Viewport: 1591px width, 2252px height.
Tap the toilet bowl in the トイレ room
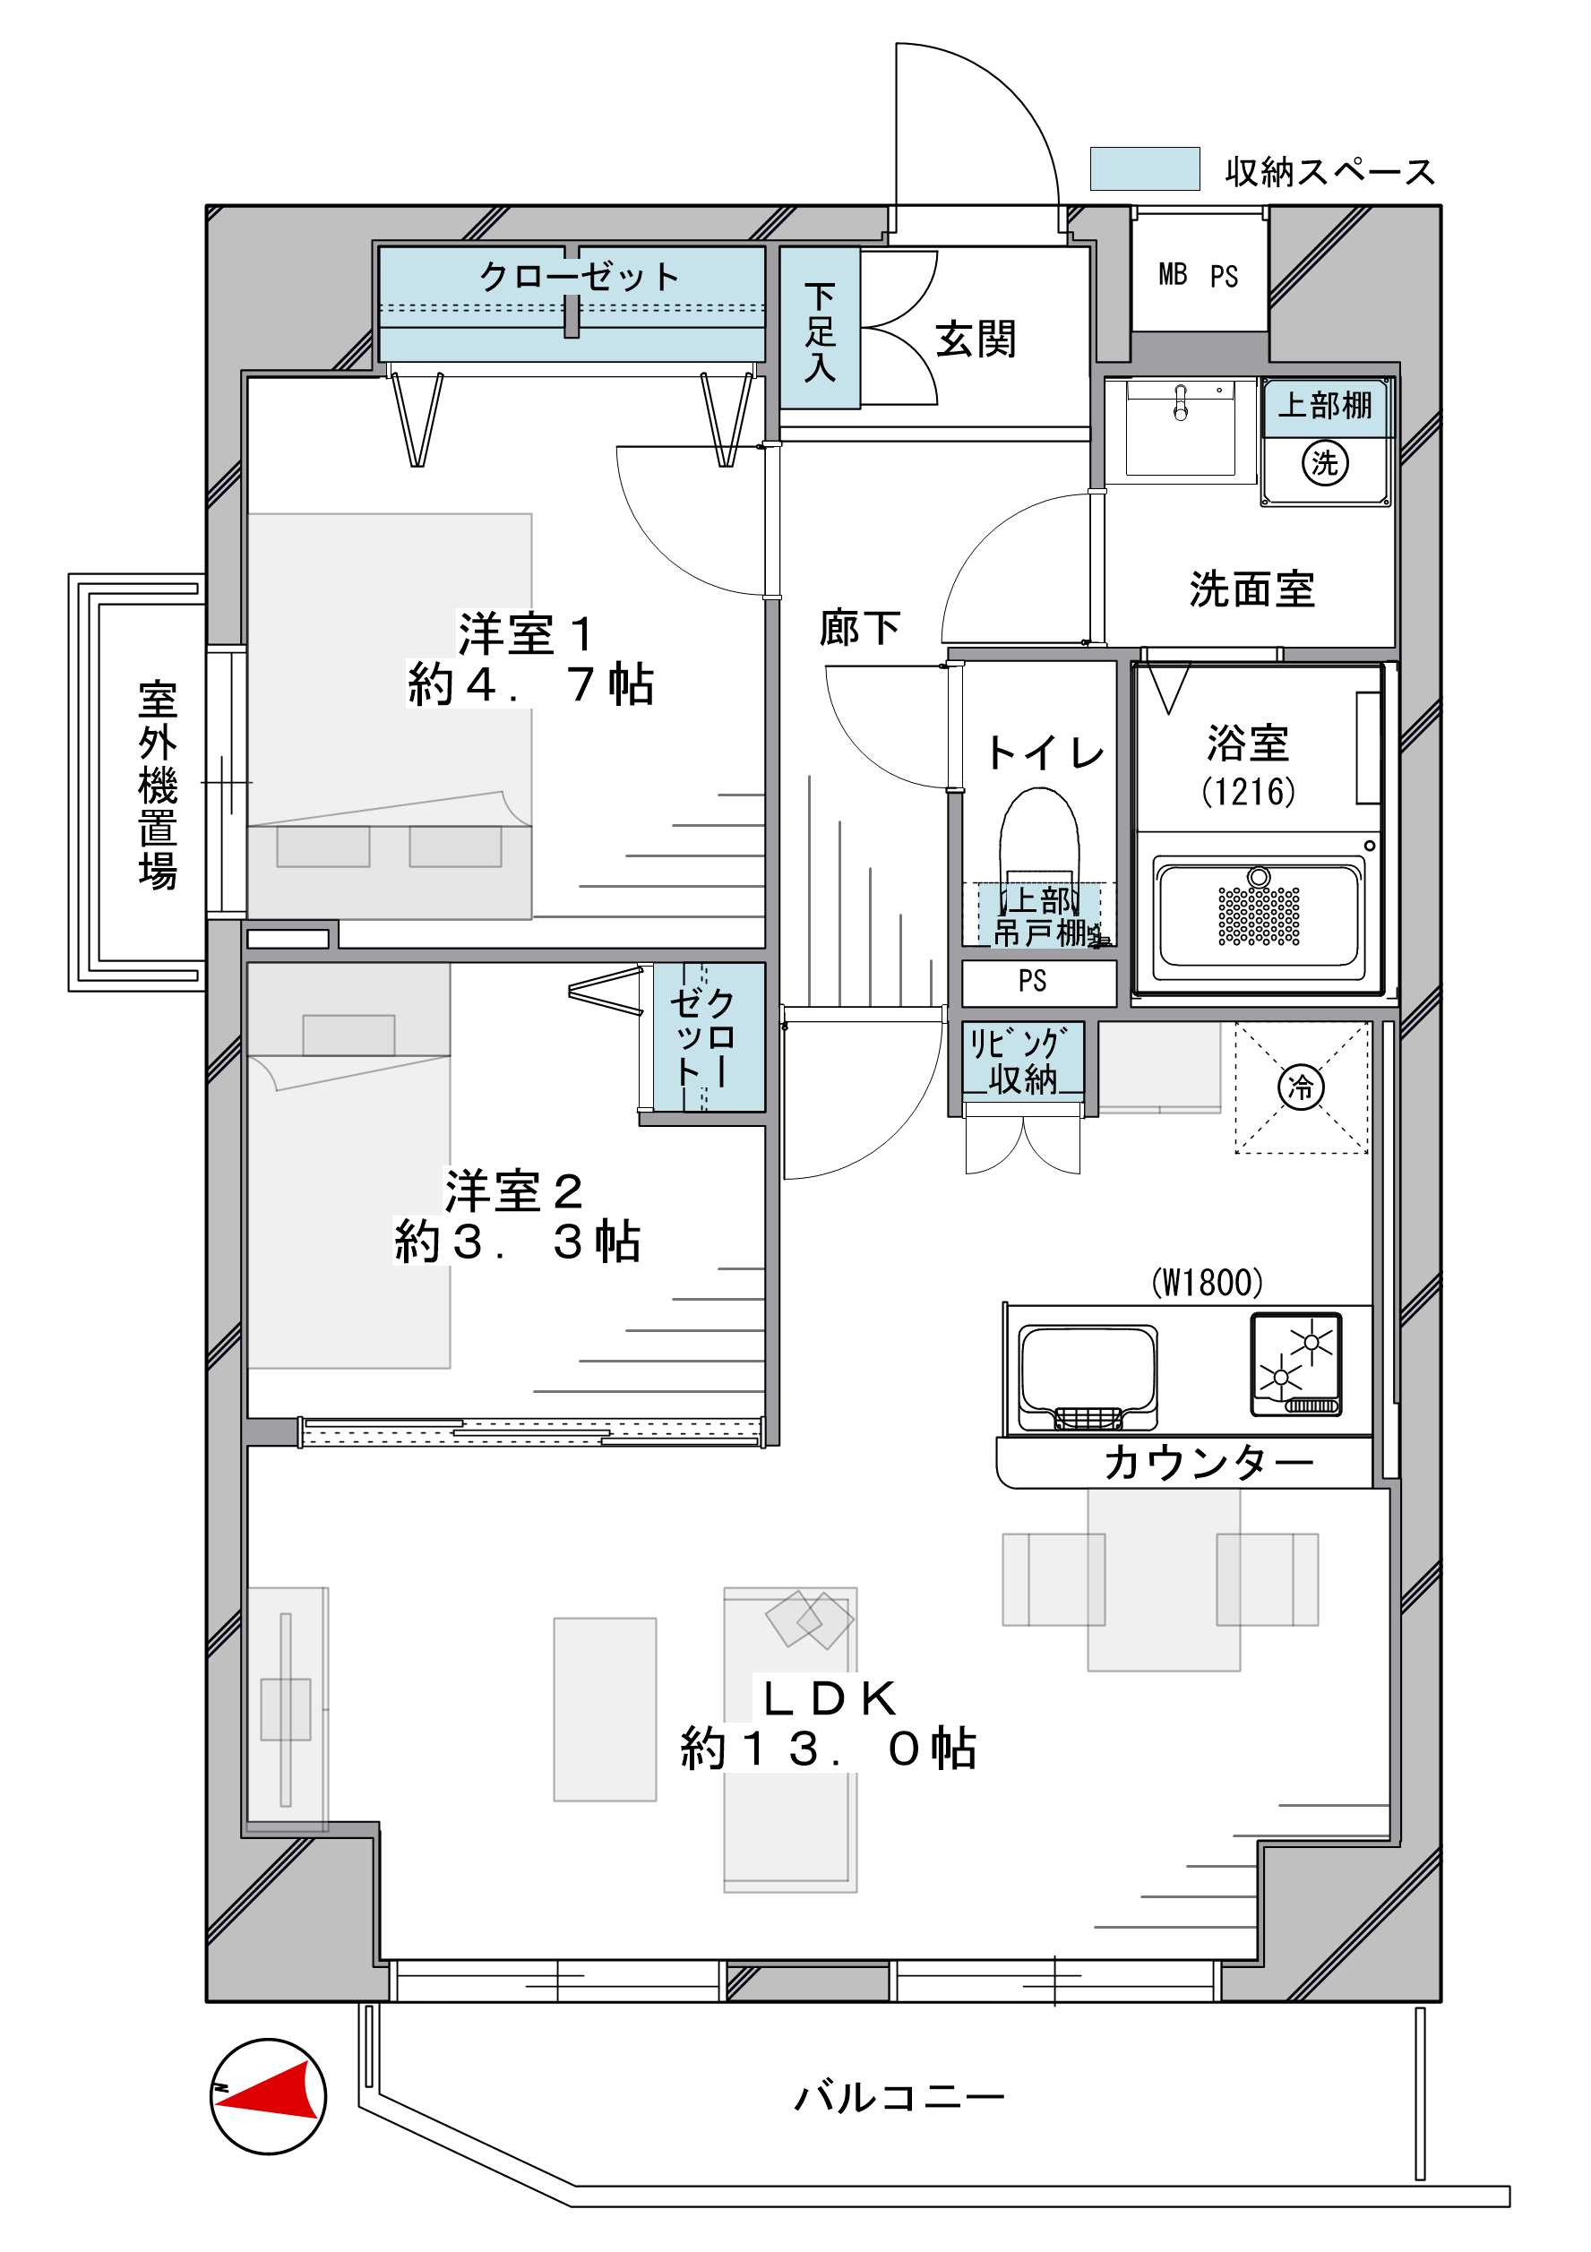1039,838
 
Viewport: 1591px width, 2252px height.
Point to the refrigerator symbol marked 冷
1301,1087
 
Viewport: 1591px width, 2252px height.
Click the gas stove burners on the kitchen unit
1295,1364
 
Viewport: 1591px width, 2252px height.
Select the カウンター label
1208,1464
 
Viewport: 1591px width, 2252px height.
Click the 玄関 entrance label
975,340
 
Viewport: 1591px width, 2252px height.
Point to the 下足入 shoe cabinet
820,328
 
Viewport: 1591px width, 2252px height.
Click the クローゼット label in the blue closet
579,277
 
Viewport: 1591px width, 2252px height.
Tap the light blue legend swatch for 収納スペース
1145,168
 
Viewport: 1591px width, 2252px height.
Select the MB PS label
1198,276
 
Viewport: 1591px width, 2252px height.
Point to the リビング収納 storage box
1023,1061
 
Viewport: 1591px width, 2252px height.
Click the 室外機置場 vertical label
157,785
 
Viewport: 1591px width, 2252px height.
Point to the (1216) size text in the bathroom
1249,791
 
